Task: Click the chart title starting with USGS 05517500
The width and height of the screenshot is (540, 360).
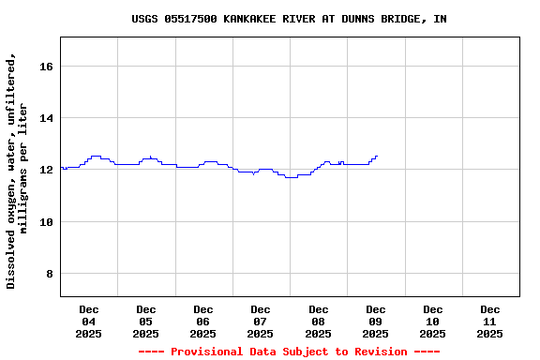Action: [289, 19]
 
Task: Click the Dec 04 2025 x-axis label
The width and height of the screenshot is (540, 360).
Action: [89, 321]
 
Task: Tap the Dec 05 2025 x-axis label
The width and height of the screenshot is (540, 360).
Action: [146, 321]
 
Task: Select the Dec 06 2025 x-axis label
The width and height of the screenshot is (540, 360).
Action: [203, 321]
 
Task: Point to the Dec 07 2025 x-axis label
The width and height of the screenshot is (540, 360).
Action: [261, 321]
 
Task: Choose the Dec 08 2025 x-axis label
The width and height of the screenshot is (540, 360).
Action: [318, 321]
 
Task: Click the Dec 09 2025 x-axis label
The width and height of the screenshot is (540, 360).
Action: [375, 321]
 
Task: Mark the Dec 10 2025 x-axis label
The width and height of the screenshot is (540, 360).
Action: [432, 321]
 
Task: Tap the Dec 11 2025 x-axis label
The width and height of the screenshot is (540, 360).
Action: [489, 321]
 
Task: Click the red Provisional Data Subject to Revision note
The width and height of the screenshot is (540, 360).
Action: [289, 352]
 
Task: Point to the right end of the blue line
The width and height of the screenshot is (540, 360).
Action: [377, 157]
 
